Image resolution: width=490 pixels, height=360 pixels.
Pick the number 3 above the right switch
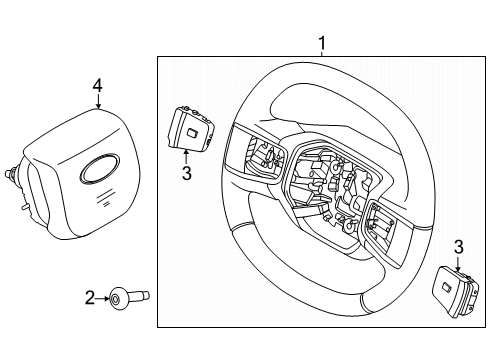[x=459, y=246]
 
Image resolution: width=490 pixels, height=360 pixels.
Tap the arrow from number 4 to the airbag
[x=97, y=107]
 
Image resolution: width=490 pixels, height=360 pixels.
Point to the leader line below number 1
[x=322, y=54]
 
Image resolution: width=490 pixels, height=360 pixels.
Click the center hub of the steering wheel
[x=320, y=180]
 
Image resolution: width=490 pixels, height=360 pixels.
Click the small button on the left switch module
[x=189, y=131]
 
